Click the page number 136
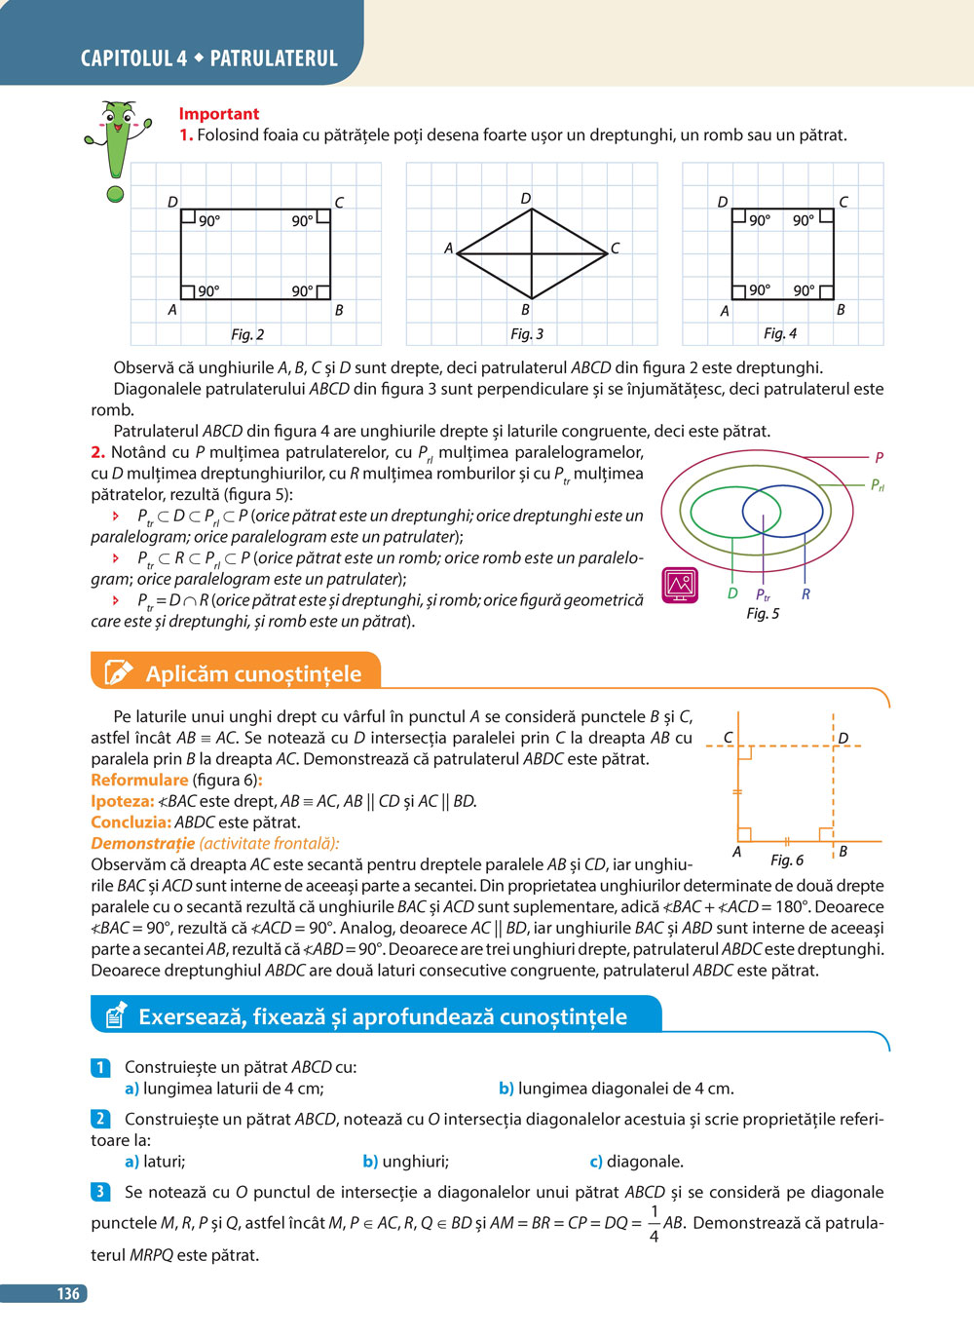click(x=67, y=1293)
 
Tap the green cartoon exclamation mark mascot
click(x=117, y=146)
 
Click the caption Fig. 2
click(x=247, y=334)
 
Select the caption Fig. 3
click(x=527, y=333)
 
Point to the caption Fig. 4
click(x=780, y=333)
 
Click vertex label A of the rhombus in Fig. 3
click(x=448, y=248)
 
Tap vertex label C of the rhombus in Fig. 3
click(x=615, y=248)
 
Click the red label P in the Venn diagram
click(x=879, y=457)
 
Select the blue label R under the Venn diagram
click(x=805, y=593)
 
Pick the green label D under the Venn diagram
click(x=732, y=593)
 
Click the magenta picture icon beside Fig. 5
click(x=680, y=585)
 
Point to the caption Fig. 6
click(x=787, y=860)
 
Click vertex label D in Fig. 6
click(x=843, y=738)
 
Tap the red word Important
click(x=219, y=114)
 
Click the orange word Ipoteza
click(x=122, y=801)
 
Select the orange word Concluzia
click(x=131, y=822)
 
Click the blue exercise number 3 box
click(x=100, y=1191)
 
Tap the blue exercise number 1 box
click(x=100, y=1067)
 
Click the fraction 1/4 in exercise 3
click(x=654, y=1224)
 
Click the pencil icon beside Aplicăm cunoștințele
click(x=117, y=672)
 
